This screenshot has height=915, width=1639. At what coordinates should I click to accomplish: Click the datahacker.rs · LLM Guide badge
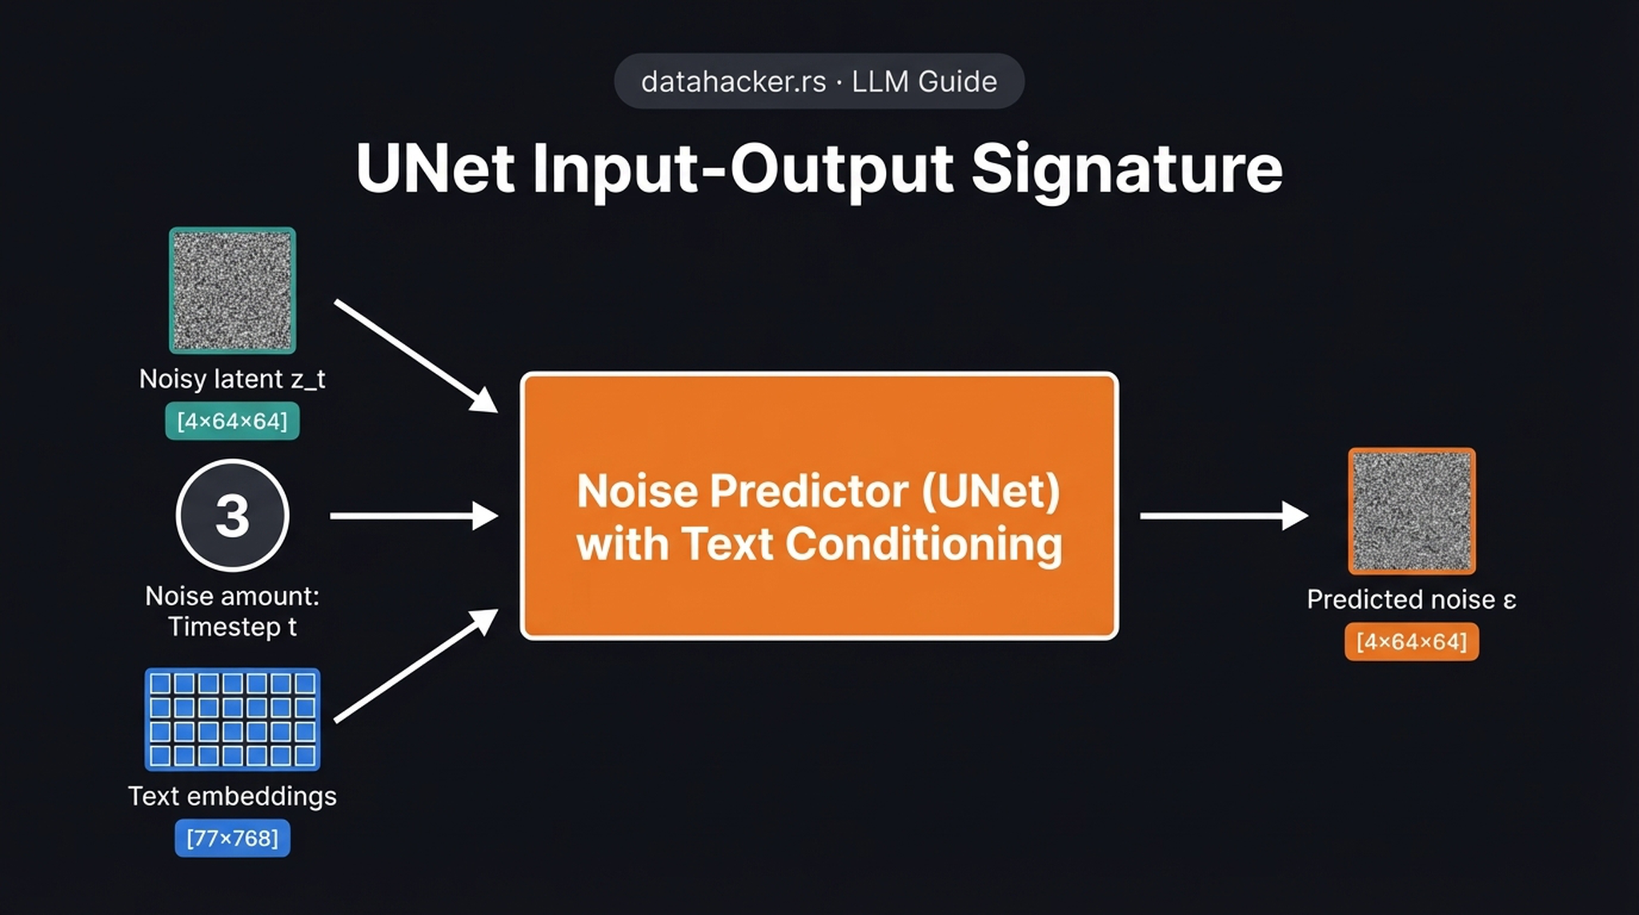tap(819, 82)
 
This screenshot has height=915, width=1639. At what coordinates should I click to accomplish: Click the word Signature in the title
tap(1126, 169)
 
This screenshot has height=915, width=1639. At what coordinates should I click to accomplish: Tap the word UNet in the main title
tap(435, 169)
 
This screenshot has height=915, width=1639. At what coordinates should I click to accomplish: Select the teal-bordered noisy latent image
tap(232, 291)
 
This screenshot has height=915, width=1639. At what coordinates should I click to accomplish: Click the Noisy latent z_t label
tap(232, 379)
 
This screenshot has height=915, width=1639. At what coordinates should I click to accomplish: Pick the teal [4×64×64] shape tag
tap(232, 421)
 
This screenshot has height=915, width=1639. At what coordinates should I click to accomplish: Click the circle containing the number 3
tap(232, 515)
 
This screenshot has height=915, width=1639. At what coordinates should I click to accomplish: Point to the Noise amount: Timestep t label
tap(232, 611)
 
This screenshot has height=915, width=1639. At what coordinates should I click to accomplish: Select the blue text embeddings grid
tap(232, 719)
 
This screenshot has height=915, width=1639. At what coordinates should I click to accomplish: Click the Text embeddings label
tap(232, 796)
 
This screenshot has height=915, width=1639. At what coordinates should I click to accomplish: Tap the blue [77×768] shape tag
tap(232, 838)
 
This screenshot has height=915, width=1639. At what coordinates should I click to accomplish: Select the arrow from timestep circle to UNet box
tap(413, 516)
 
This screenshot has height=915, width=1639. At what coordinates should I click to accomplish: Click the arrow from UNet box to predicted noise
tap(1223, 516)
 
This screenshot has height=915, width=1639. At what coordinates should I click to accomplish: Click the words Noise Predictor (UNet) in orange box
tap(818, 490)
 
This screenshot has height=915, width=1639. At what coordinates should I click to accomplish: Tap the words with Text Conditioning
tap(819, 544)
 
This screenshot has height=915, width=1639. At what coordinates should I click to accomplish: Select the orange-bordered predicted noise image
tap(1412, 511)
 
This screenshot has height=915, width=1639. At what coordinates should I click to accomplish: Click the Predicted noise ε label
tap(1411, 600)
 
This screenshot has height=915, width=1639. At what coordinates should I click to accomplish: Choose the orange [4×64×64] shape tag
tap(1411, 641)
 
